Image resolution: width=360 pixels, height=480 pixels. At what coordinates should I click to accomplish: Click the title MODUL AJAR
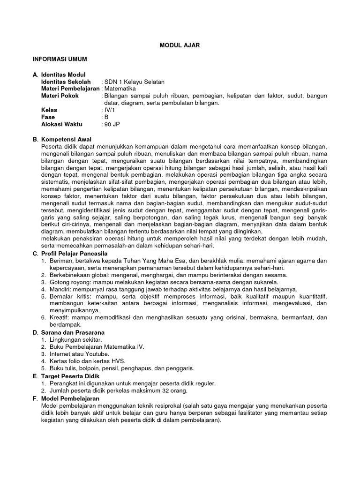click(x=180, y=45)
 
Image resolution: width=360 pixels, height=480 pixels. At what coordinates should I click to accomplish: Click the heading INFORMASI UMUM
click(x=60, y=60)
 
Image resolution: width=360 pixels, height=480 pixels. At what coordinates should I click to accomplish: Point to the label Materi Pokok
click(x=60, y=95)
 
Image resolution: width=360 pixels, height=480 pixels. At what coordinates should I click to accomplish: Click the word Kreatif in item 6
click(x=59, y=317)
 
